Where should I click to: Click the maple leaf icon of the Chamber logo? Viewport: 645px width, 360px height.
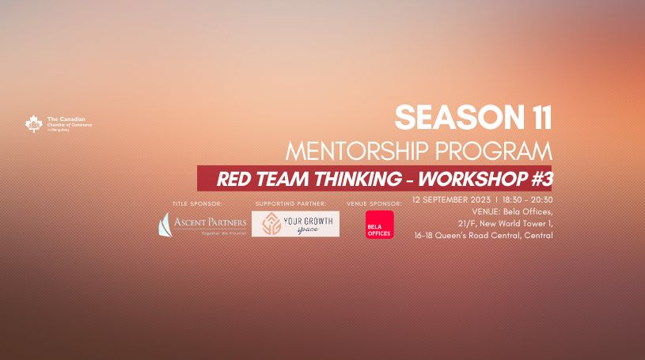[33, 124]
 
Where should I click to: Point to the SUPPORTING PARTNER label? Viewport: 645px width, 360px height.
[290, 204]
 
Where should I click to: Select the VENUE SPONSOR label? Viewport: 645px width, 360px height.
[374, 204]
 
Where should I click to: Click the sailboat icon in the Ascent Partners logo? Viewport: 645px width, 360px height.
[165, 225]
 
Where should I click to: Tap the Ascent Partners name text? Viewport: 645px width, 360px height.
[210, 222]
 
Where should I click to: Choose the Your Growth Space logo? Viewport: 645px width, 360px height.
[295, 224]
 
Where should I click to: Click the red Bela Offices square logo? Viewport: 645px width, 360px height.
[379, 225]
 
